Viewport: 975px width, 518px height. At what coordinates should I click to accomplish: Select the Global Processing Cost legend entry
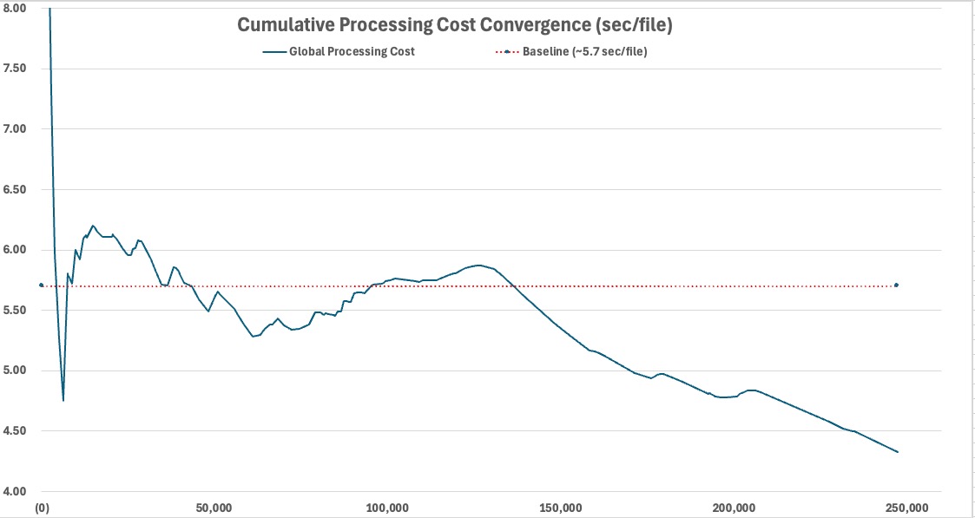pos(339,51)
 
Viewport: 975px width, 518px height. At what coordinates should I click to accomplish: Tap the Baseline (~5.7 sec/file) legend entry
pos(571,51)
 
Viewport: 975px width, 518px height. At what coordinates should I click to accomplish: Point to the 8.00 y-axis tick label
pos(14,8)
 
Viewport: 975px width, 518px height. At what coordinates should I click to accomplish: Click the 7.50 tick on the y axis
pos(14,69)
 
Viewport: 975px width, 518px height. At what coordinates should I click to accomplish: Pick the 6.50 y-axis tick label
pos(14,189)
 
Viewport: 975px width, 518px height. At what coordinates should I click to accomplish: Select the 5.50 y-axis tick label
pos(14,311)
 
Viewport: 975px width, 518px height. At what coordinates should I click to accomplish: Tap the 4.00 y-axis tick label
pos(14,492)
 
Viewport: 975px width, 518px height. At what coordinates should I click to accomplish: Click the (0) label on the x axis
pos(42,506)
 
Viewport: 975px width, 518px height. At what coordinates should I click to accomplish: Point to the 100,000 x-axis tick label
pos(388,506)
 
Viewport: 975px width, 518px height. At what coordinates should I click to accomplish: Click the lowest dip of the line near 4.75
pos(63,401)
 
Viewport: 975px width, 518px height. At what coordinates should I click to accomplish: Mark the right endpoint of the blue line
pos(898,451)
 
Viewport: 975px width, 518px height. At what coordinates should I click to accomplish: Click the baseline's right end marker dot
pos(896,285)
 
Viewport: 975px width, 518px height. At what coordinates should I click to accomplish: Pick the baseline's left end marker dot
pos(41,285)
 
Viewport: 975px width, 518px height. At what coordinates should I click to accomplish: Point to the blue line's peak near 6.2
pos(93,226)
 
